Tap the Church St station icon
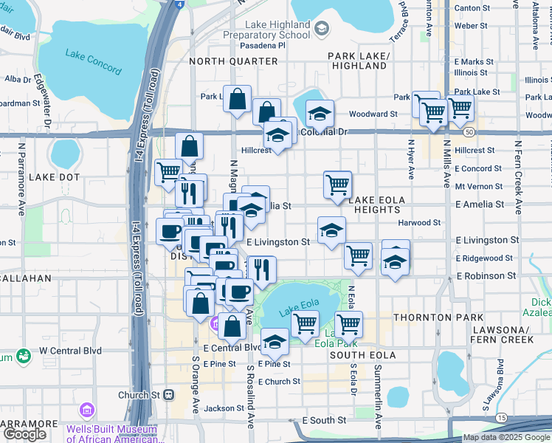pos(169,395)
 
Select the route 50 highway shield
pos(469,131)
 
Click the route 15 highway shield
pos(502,419)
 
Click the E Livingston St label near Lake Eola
pos(277,242)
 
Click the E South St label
pos(323,419)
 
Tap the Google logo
pos(24,434)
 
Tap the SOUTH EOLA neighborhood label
pos(363,355)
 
